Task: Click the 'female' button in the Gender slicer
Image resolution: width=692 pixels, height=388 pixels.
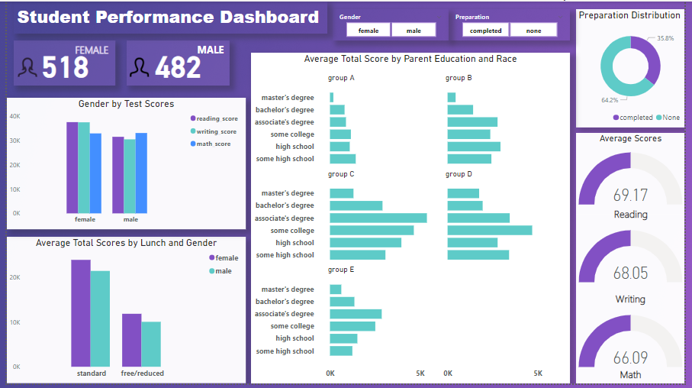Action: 369,31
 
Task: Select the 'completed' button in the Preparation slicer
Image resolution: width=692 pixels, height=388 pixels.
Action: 485,31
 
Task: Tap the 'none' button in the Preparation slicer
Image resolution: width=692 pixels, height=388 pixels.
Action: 533,31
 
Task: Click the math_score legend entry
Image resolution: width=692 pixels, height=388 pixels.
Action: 213,144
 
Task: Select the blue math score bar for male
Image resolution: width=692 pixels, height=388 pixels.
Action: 141,173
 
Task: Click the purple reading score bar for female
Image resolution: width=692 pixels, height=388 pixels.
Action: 72,167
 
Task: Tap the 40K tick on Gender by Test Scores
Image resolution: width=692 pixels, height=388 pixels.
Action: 14,116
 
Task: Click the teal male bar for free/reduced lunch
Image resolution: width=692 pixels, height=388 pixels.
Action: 150,344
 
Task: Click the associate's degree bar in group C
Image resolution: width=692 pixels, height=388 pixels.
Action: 378,218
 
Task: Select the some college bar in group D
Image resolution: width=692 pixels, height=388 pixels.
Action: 489,230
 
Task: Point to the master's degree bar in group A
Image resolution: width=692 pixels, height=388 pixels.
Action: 332,97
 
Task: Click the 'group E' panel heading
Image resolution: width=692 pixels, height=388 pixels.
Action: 341,270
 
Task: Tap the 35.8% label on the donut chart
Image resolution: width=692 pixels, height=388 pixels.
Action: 665,37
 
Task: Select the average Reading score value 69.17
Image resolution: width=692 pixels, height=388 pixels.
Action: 630,196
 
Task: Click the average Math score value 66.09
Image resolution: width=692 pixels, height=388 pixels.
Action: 630,357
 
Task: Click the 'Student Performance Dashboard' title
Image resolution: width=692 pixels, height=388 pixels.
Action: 168,17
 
